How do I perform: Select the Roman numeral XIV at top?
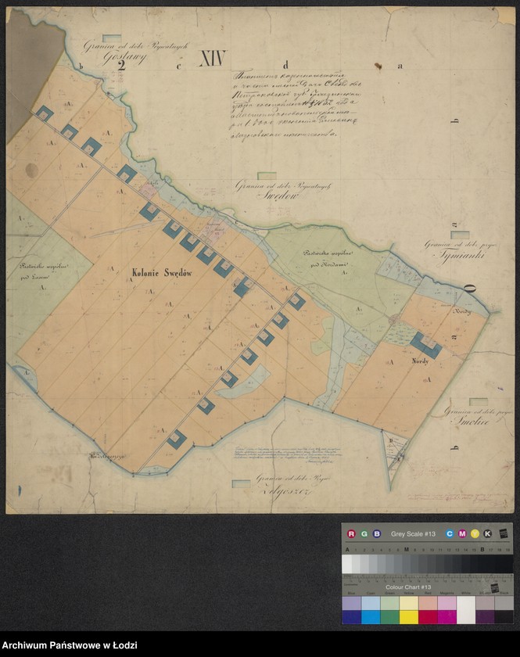[x=212, y=59]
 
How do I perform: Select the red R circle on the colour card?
[x=351, y=533]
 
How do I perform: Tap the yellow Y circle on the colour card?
[x=475, y=533]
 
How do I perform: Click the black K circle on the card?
[x=488, y=533]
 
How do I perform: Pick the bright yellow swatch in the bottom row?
[x=408, y=617]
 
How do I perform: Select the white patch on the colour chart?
[x=466, y=610]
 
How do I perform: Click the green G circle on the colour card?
[x=364, y=533]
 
